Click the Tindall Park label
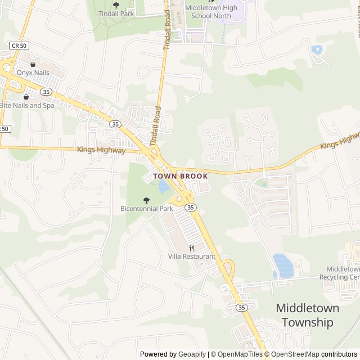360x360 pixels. coord(116,13)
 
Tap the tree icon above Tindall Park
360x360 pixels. coord(116,5)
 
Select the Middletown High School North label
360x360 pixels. coord(211,11)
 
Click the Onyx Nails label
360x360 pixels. coord(33,73)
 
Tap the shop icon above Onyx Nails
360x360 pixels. coord(33,64)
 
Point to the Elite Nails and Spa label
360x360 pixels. coord(27,105)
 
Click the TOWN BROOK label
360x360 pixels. coord(181,176)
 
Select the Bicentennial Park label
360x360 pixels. coord(147,209)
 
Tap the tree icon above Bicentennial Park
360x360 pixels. coord(147,200)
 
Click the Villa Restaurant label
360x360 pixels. coord(191,256)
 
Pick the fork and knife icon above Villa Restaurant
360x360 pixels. coord(191,248)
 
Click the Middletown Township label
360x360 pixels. coord(307,315)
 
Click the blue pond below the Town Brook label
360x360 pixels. coord(164,187)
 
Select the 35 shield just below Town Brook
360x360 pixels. coord(191,208)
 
